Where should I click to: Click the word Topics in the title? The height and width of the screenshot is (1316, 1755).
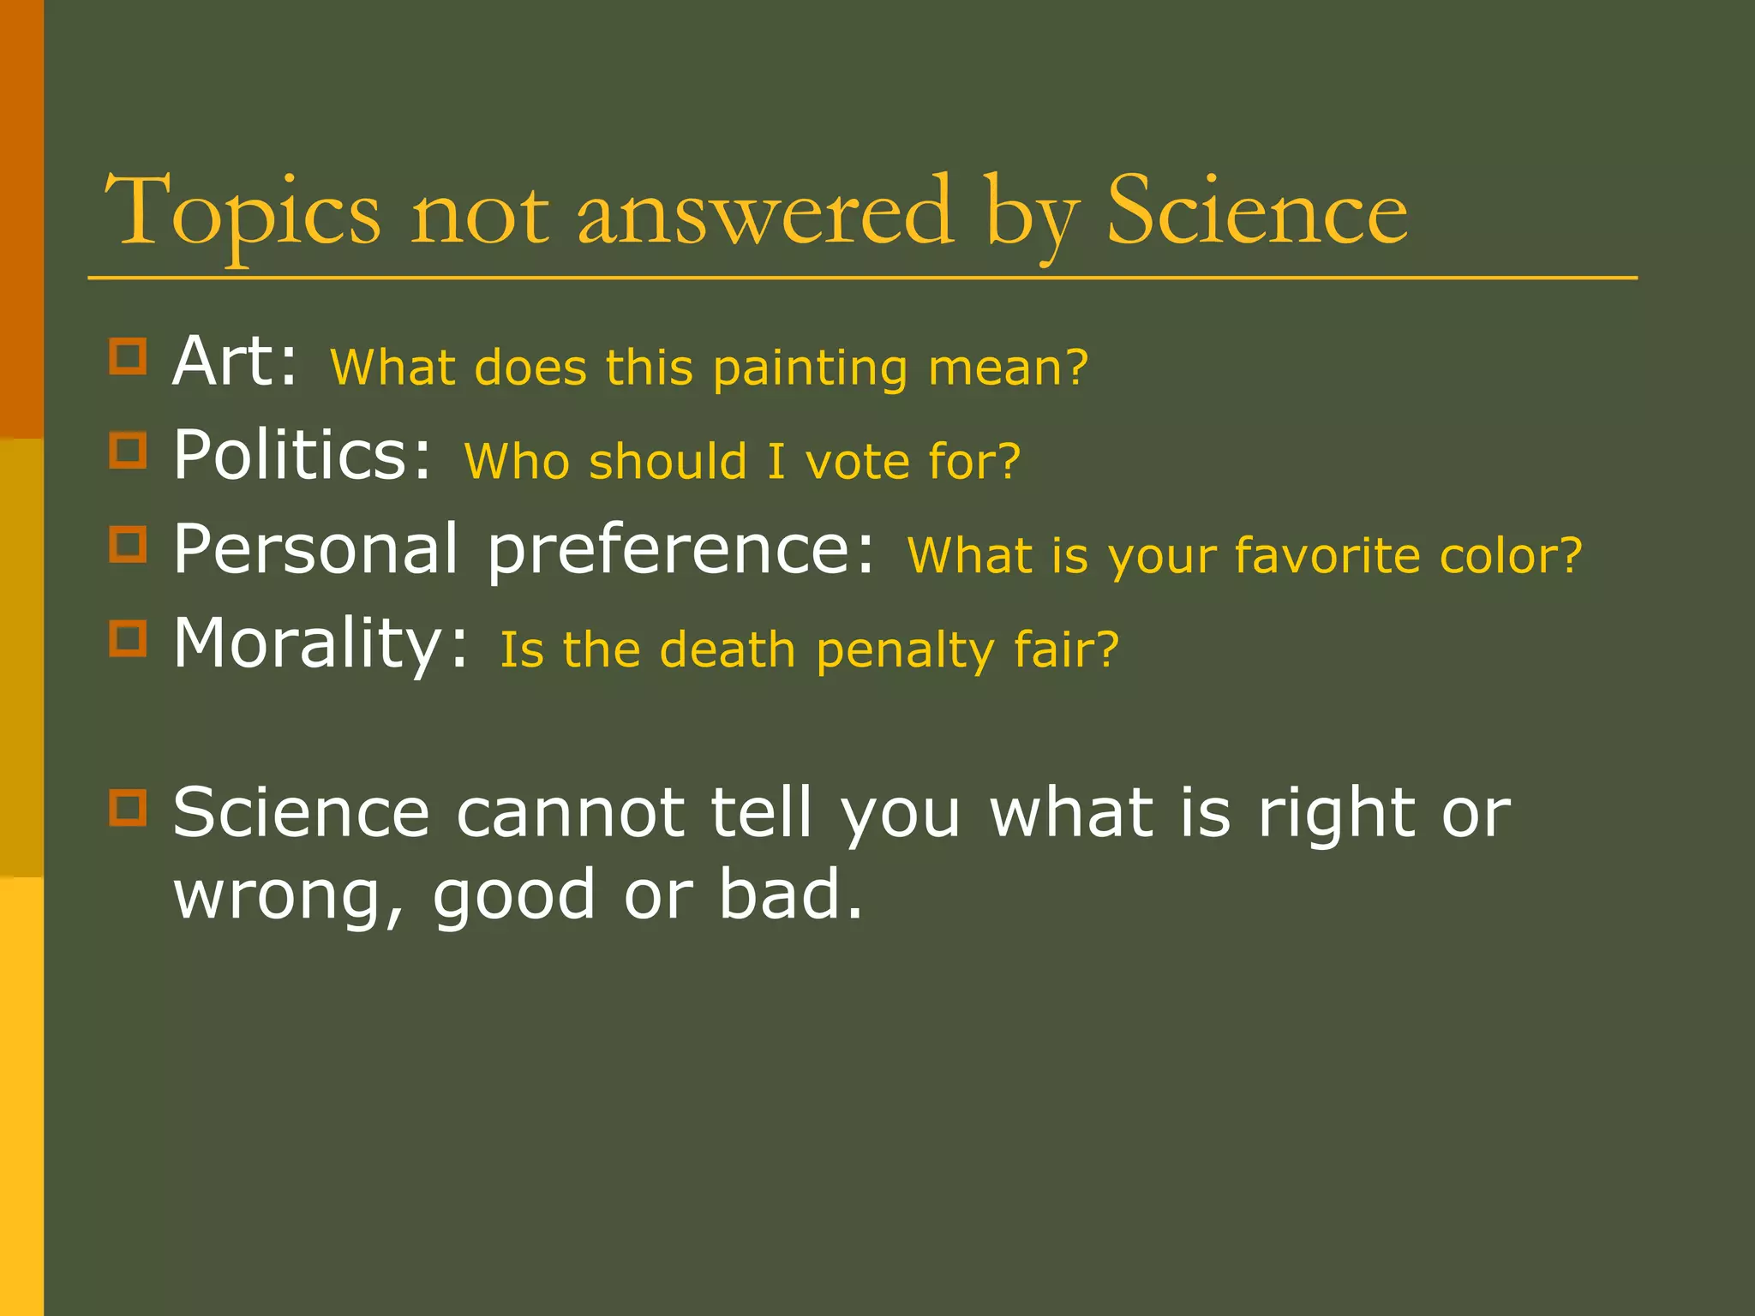[242, 212]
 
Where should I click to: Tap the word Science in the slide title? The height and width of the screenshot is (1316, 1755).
[1256, 212]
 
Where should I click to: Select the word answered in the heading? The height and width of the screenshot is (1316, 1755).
[764, 212]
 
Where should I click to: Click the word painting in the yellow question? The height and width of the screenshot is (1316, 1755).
[809, 369]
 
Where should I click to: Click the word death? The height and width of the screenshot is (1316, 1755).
[728, 650]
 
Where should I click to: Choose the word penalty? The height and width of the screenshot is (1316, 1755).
[905, 652]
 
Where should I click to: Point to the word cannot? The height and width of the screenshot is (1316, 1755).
[570, 812]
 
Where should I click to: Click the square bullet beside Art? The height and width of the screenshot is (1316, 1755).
[128, 356]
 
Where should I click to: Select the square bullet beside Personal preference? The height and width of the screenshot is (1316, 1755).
[128, 544]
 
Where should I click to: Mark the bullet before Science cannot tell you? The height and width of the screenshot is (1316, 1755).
[128, 807]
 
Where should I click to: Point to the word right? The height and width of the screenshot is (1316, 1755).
[1336, 814]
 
